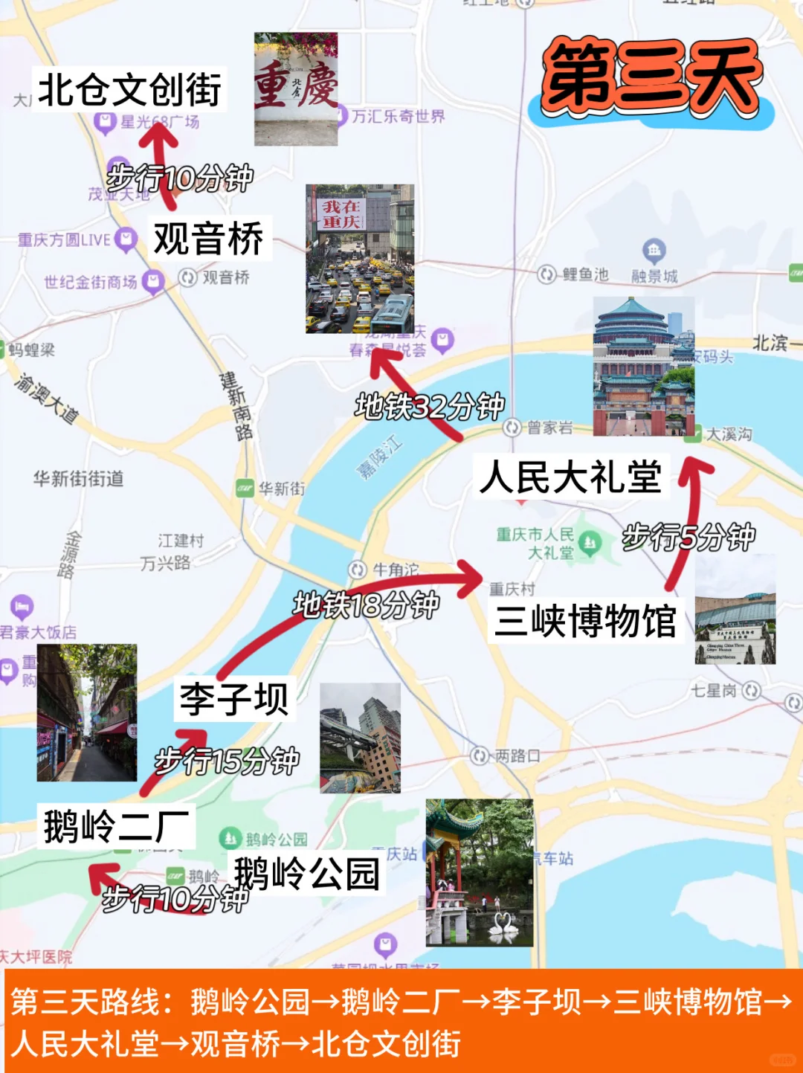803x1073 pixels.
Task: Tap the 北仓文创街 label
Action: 129,90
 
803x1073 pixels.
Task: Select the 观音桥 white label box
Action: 209,239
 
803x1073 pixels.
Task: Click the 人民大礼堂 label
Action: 571,477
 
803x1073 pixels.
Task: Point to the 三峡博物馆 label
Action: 585,621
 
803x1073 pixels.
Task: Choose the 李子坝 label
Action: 233,699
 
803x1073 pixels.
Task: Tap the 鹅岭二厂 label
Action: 116,826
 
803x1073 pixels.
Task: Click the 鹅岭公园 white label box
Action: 307,873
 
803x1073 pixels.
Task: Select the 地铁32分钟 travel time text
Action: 430,407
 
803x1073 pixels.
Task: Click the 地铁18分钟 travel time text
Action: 367,605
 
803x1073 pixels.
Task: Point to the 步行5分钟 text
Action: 688,537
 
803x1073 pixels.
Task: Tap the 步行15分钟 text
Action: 227,761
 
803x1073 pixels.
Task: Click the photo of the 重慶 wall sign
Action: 296,89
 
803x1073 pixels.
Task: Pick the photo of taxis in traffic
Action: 360,259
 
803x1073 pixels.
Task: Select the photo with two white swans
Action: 480,873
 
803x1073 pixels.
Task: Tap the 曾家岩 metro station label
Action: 549,428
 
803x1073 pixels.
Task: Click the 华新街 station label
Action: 281,489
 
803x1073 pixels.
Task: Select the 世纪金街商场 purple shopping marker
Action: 154,282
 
